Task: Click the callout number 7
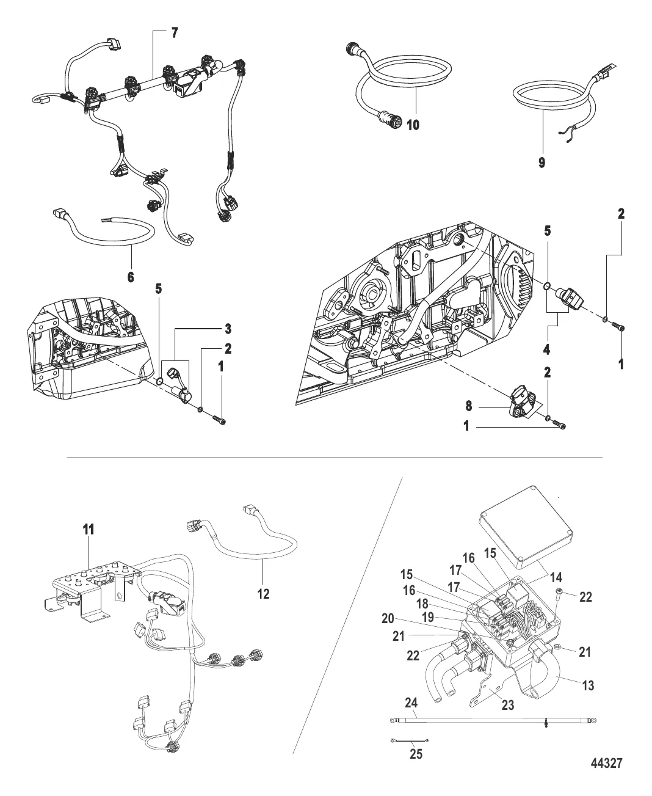pyautogui.click(x=175, y=33)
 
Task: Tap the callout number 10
pyautogui.click(x=413, y=125)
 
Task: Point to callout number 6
pyautogui.click(x=131, y=277)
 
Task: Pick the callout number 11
pyautogui.click(x=89, y=530)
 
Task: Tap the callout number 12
pyautogui.click(x=263, y=593)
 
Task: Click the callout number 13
pyautogui.click(x=588, y=685)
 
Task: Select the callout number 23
pyautogui.click(x=507, y=705)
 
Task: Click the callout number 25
pyautogui.click(x=415, y=754)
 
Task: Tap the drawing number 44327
pyautogui.click(x=606, y=764)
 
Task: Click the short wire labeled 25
pyautogui.click(x=409, y=741)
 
